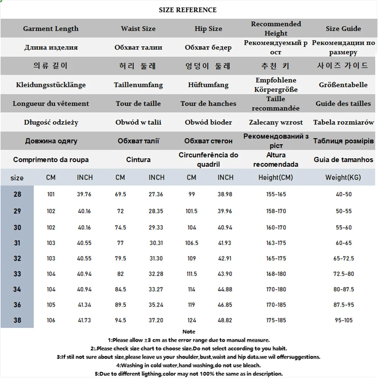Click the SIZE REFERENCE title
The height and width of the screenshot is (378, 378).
click(x=188, y=10)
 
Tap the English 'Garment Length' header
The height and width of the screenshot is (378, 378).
click(x=51, y=29)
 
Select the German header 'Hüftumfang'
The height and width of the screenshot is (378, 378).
click(x=208, y=85)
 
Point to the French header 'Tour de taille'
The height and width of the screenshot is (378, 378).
click(x=138, y=103)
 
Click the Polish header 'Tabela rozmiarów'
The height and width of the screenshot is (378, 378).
click(x=343, y=122)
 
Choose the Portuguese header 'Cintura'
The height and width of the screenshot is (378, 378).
click(x=138, y=160)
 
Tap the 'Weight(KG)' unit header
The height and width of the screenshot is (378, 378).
click(x=343, y=177)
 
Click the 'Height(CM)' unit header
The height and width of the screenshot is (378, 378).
click(x=276, y=177)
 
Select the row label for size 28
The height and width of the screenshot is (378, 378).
click(x=17, y=194)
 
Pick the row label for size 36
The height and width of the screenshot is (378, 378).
click(x=17, y=305)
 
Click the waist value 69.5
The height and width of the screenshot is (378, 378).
click(x=120, y=194)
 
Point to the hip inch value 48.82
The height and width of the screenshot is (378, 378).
click(x=225, y=320)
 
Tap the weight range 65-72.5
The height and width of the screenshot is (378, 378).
click(x=344, y=259)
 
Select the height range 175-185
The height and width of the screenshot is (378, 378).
click(x=276, y=320)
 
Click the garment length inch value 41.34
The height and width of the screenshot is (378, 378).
click(x=85, y=305)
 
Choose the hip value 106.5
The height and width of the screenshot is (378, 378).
click(x=192, y=243)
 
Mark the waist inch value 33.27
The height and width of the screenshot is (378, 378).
click(x=156, y=289)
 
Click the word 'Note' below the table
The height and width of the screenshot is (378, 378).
click(x=189, y=332)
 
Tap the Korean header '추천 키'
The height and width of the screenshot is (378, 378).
click(x=276, y=66)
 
